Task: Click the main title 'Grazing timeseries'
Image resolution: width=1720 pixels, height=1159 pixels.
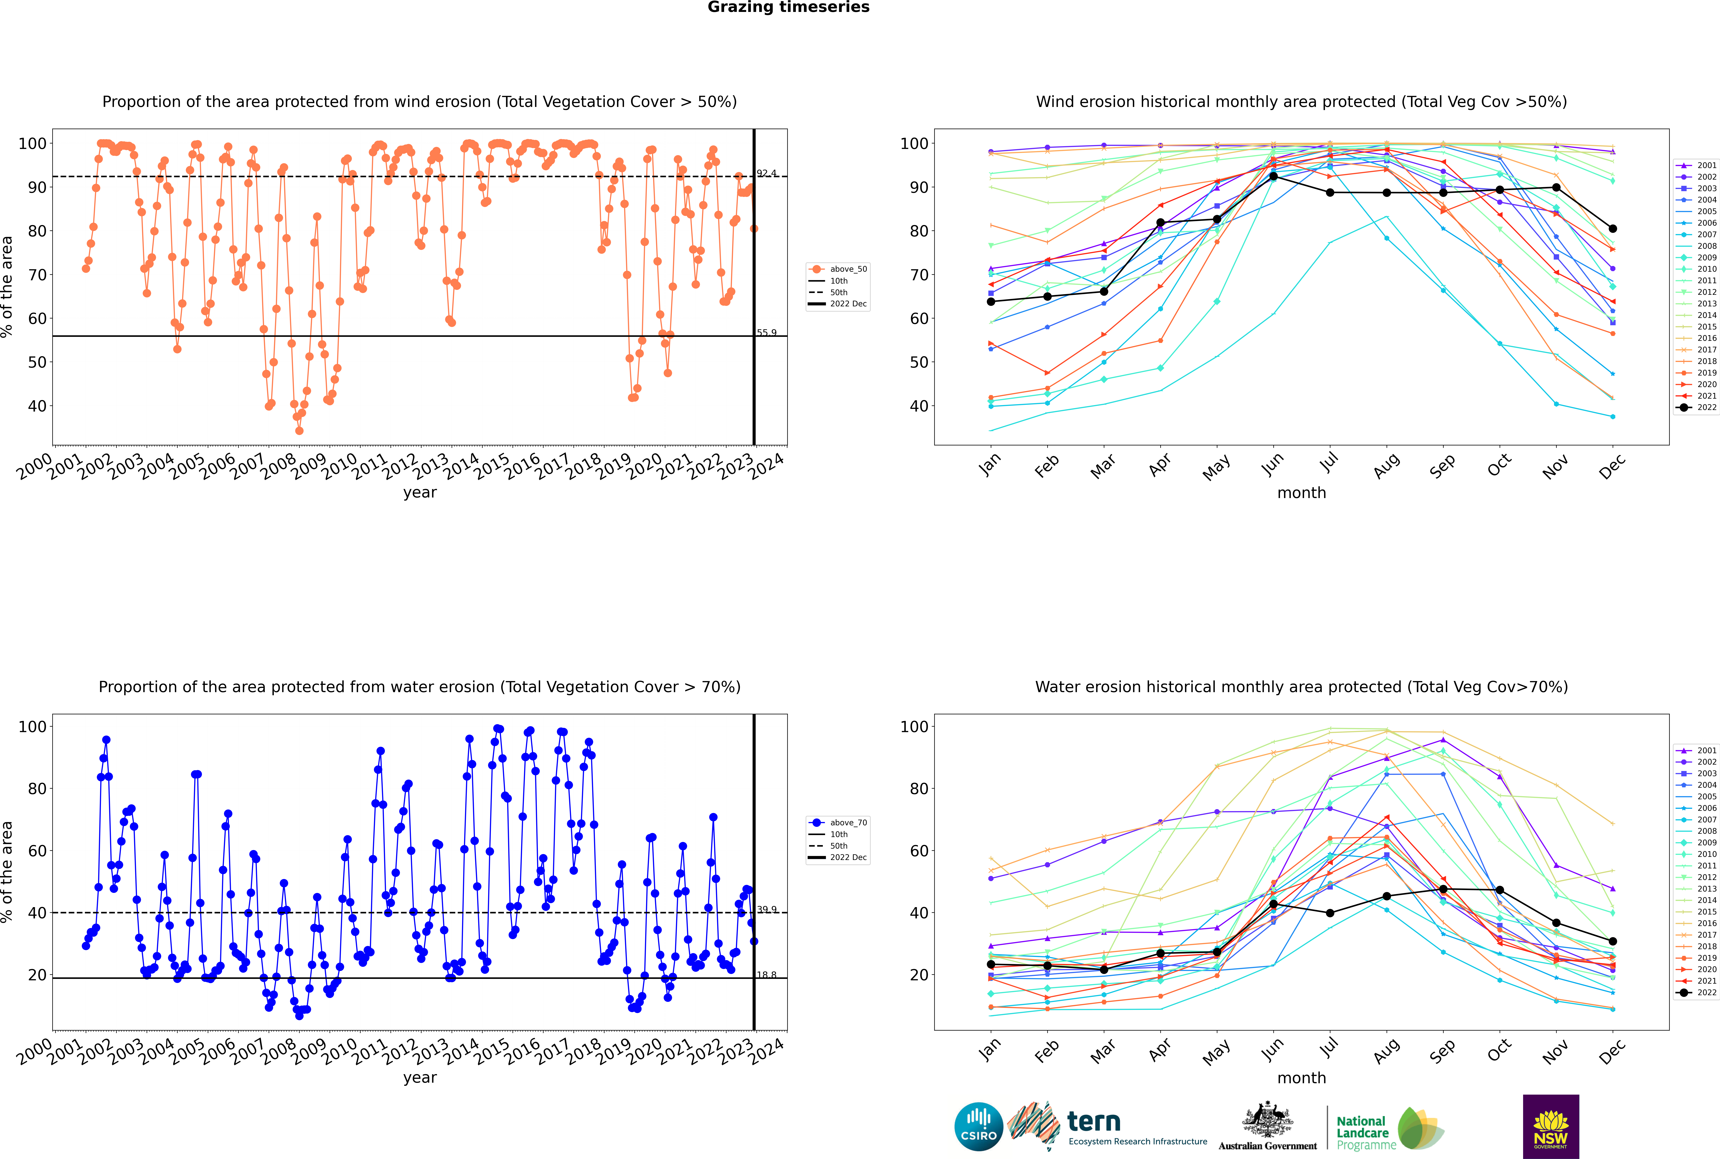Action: tap(788, 7)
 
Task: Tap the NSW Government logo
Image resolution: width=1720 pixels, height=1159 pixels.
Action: tap(1551, 1127)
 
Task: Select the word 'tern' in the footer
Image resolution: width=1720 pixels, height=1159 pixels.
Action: tap(1094, 1122)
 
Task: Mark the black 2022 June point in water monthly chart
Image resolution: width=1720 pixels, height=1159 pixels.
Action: tap(1273, 904)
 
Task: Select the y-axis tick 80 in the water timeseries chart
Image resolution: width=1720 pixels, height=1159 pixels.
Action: tap(37, 789)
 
